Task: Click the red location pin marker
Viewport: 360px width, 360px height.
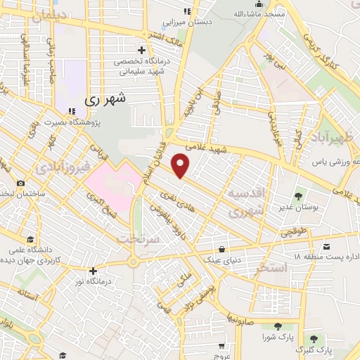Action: (x=181, y=166)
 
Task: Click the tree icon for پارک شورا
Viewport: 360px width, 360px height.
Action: (x=277, y=326)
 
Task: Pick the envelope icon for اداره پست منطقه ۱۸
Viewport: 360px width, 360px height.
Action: (x=328, y=247)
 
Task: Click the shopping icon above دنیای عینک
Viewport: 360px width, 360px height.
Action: (x=222, y=249)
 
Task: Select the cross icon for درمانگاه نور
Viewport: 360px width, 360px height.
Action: (x=93, y=271)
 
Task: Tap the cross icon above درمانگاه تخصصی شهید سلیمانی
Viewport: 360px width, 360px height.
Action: (x=142, y=50)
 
